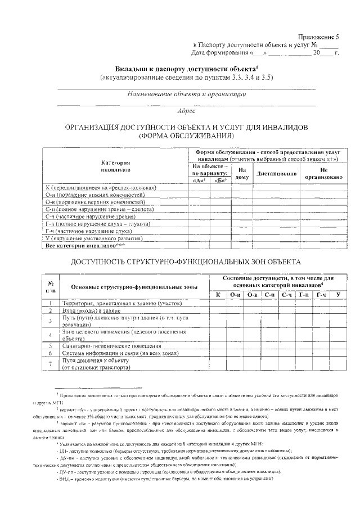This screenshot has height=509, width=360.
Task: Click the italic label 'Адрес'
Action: (186, 111)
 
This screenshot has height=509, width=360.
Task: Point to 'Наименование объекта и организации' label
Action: (186, 94)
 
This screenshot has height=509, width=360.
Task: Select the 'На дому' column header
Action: (242, 173)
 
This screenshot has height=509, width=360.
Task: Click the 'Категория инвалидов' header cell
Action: (116, 165)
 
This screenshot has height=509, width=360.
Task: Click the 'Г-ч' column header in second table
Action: (321, 295)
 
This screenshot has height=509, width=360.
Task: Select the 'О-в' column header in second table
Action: (253, 295)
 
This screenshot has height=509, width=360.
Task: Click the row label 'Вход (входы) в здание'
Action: (92, 310)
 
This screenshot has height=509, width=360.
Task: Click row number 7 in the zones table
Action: (51, 364)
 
